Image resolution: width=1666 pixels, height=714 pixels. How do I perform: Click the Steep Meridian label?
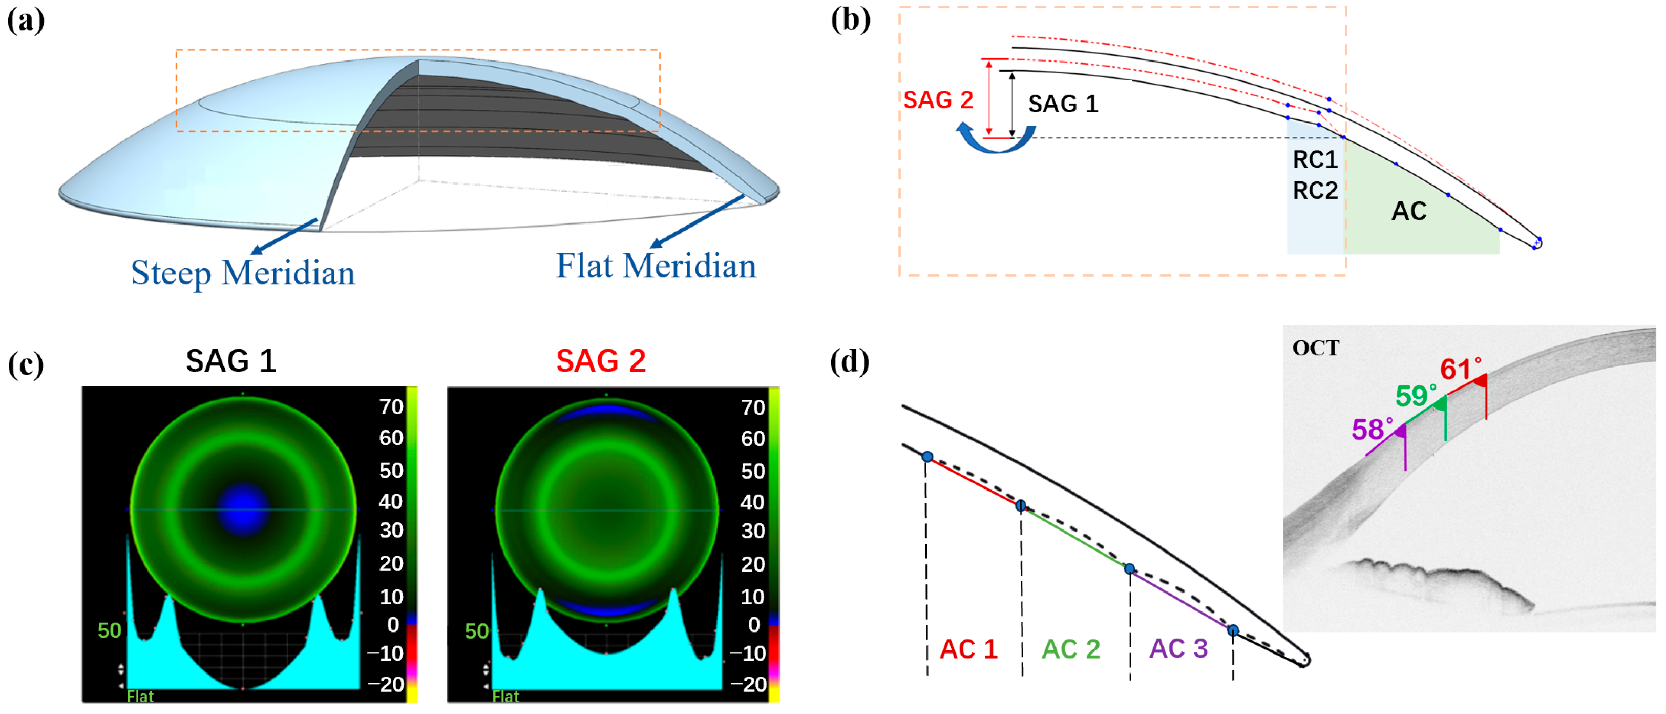coord(243,273)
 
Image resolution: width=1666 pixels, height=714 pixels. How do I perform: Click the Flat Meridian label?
coord(655,266)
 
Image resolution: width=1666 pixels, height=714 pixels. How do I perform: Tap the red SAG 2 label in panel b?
coord(938,100)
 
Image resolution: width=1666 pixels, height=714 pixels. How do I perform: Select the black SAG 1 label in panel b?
coord(1063,104)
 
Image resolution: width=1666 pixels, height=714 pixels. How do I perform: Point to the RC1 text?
coord(1314,160)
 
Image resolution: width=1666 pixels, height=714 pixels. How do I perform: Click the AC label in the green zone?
coord(1408,212)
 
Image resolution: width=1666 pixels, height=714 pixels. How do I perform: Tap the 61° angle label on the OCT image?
coord(1460,370)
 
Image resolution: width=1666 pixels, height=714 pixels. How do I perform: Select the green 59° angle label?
coord(1415,396)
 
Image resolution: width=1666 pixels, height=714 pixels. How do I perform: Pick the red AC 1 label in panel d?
coord(967,649)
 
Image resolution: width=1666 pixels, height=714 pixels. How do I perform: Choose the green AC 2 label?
coord(1070,649)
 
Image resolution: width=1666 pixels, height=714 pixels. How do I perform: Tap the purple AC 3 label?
coord(1178,648)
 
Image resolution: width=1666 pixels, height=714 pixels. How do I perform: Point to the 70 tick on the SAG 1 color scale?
coord(391,407)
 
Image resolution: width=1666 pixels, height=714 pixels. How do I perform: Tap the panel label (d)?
coord(849,361)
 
